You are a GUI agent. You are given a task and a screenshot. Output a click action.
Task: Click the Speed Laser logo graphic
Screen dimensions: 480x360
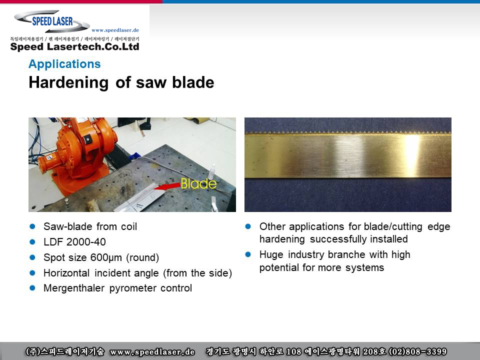pos(52,21)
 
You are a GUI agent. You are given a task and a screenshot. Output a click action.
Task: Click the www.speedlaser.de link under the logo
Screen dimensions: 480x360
pos(115,30)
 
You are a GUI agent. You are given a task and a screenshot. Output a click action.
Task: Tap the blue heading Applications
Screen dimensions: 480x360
pos(64,64)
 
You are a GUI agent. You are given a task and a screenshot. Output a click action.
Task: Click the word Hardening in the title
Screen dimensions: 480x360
pos(68,82)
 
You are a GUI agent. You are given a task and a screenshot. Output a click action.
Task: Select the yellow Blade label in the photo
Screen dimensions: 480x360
pos(198,183)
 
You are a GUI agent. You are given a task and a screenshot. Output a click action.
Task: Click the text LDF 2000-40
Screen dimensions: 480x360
pos(74,242)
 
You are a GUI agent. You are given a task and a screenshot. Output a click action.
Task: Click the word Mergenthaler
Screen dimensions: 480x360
pos(74,288)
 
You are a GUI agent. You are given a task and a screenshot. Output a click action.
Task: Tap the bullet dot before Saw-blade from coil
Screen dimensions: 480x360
pos(32,226)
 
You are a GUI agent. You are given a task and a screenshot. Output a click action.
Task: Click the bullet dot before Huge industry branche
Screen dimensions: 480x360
pos(248,254)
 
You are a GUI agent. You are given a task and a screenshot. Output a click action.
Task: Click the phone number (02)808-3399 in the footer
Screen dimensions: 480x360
pos(417,351)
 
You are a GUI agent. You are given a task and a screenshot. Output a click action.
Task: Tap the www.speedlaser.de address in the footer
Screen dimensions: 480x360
pos(152,351)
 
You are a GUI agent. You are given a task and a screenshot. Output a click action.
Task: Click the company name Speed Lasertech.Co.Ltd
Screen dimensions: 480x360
pos(74,46)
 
